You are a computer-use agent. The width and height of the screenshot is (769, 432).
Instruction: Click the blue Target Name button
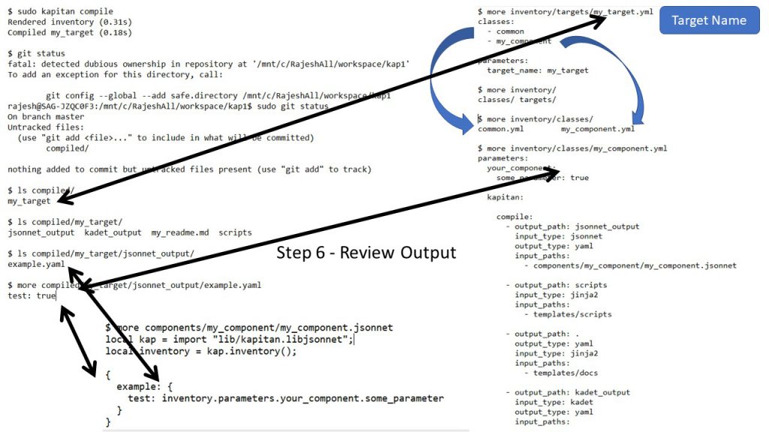709,20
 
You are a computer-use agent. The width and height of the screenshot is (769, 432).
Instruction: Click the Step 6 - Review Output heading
366,252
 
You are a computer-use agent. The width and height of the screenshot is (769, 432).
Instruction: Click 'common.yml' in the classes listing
501,129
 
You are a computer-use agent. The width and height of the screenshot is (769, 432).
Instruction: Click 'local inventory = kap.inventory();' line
201,351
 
